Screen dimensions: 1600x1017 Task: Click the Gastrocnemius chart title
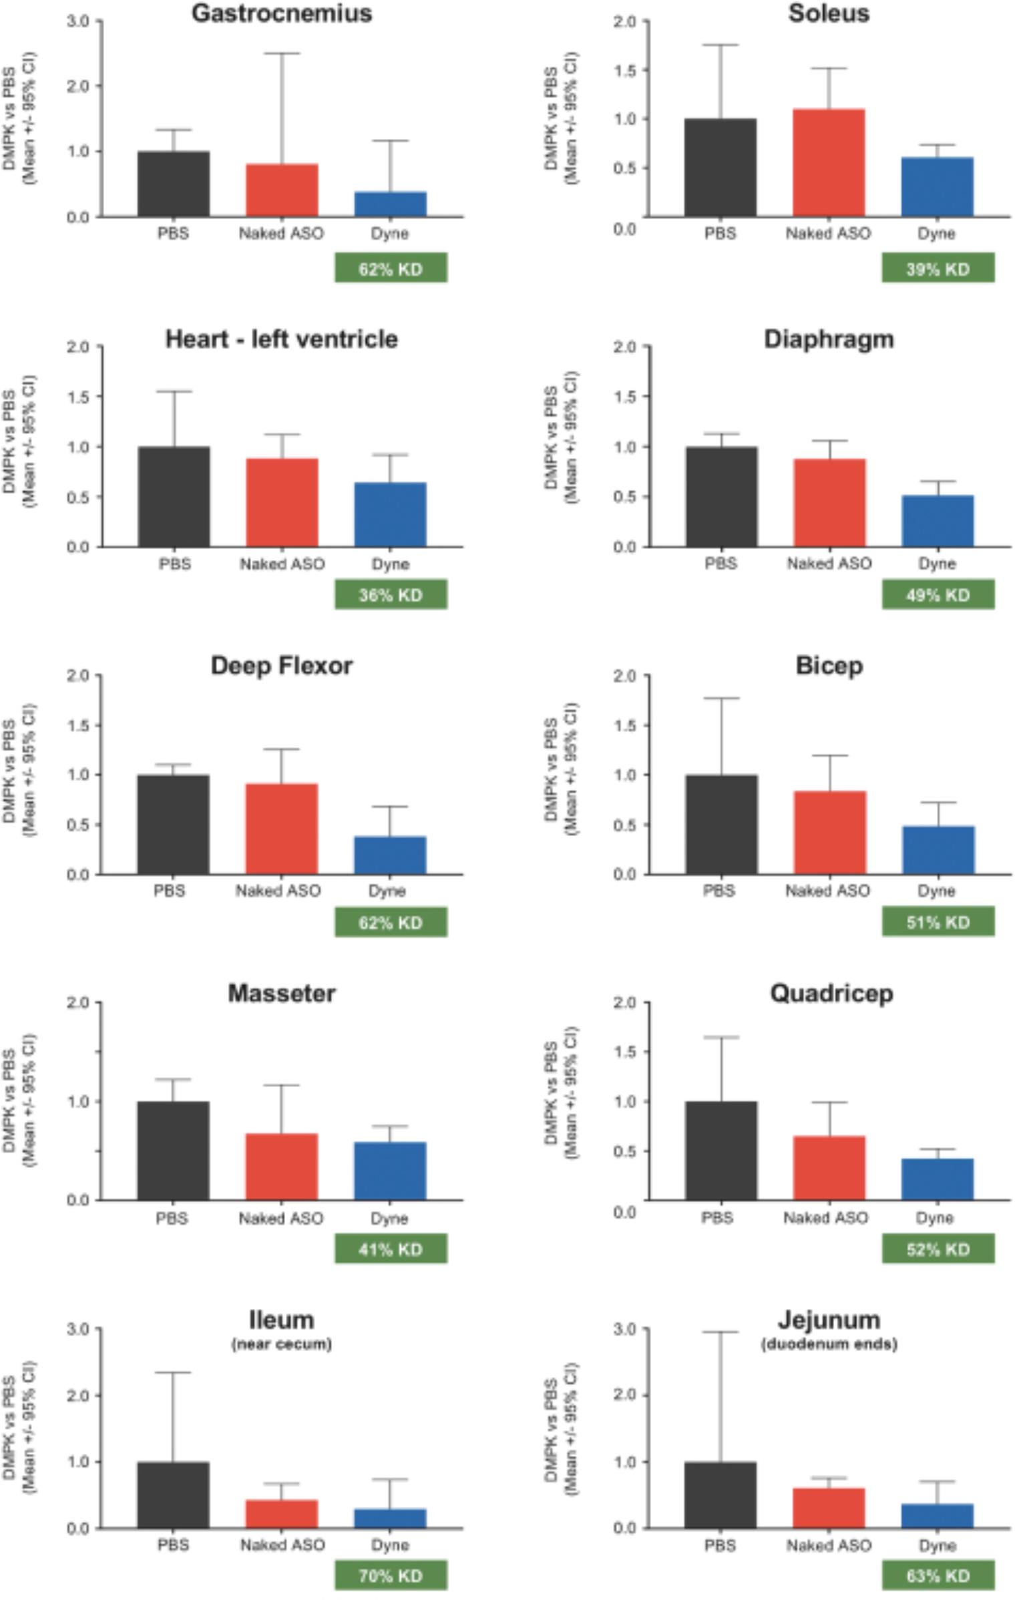click(281, 13)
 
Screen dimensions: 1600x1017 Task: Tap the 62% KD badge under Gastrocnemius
click(391, 268)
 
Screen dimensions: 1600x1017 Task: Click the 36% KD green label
click(391, 595)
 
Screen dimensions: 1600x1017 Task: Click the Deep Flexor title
click(281, 666)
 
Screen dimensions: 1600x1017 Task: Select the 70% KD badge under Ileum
click(391, 1575)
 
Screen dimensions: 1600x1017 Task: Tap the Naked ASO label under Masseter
click(281, 1219)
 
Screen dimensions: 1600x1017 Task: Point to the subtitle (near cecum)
click(281, 1344)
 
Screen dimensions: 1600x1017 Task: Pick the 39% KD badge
click(938, 268)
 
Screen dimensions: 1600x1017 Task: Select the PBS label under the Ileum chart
click(174, 1545)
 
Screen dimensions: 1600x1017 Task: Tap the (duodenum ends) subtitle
click(829, 1344)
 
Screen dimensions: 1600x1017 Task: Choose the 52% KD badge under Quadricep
click(938, 1249)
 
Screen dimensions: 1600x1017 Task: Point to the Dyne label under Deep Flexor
click(387, 891)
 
